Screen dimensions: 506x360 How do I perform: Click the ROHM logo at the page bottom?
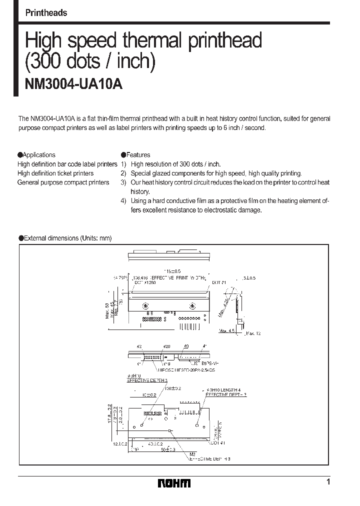tap(174, 483)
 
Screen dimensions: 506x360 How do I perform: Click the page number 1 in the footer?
tap(328, 482)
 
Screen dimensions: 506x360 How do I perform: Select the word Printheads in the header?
tap(46, 13)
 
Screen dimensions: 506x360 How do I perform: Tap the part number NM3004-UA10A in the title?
tap(73, 84)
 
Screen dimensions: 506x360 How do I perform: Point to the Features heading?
tap(137, 155)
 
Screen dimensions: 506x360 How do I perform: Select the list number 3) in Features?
tap(123, 182)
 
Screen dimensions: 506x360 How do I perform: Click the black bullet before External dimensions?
tap(21, 238)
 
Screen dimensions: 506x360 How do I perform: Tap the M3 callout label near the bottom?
tap(193, 453)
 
